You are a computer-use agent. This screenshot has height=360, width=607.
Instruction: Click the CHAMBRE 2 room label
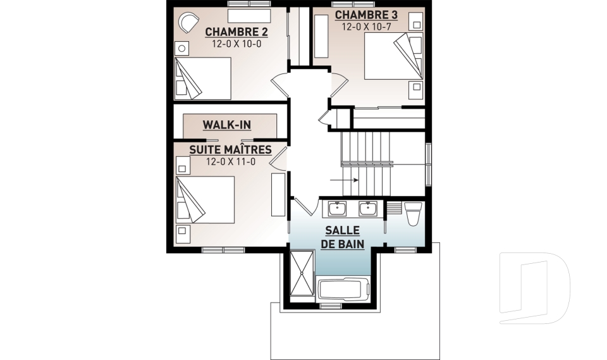[x=236, y=32]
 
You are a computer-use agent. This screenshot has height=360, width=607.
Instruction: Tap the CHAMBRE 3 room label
[x=366, y=15]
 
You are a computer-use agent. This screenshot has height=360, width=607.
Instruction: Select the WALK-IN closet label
[x=227, y=125]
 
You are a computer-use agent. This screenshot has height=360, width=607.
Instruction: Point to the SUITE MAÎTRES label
[x=230, y=149]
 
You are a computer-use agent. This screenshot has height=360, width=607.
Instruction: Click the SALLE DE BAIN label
[x=343, y=237]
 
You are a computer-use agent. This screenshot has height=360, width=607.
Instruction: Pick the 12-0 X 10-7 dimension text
[x=366, y=27]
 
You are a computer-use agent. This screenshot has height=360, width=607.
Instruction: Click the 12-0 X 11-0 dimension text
[x=231, y=161]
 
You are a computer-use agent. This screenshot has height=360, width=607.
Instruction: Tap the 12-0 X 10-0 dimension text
[x=236, y=44]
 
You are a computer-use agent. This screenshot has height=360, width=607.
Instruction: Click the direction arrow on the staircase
[x=344, y=180]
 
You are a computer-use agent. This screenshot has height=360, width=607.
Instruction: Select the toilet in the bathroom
[x=413, y=213]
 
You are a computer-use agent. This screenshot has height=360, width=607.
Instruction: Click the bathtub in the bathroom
[x=343, y=289]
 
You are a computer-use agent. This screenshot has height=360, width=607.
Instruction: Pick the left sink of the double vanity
[x=337, y=209]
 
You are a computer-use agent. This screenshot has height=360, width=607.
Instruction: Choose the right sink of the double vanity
[x=367, y=209]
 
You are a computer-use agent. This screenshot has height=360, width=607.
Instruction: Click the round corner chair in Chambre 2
[x=188, y=22]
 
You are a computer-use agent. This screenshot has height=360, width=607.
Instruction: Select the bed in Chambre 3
[x=393, y=56]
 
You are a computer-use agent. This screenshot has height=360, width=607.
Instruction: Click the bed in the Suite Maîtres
[x=205, y=199]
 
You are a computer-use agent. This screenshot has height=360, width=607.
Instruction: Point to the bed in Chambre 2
[x=203, y=78]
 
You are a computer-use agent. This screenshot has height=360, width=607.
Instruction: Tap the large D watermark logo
[x=535, y=288]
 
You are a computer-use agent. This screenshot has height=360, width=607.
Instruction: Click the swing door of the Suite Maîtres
[x=277, y=159]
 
